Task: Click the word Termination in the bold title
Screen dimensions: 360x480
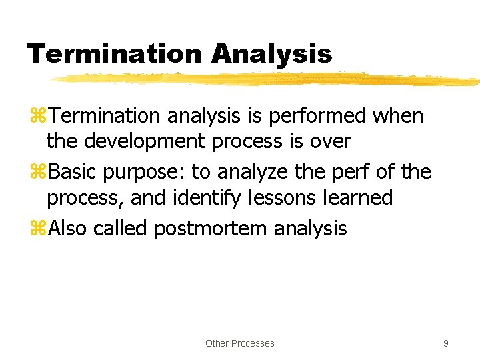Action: (x=113, y=54)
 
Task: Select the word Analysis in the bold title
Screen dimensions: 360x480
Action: (x=271, y=54)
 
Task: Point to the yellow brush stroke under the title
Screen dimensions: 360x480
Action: (x=267, y=79)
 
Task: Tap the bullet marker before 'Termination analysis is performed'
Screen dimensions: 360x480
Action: (x=37, y=116)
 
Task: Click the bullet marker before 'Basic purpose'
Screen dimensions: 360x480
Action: (x=37, y=172)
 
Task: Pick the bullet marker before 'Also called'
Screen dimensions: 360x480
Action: (x=37, y=229)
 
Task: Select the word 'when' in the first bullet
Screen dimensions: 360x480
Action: (x=398, y=116)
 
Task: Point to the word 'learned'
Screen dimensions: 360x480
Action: (x=361, y=198)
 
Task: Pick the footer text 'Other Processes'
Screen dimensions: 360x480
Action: (x=239, y=343)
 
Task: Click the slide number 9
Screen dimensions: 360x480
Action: (x=445, y=343)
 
